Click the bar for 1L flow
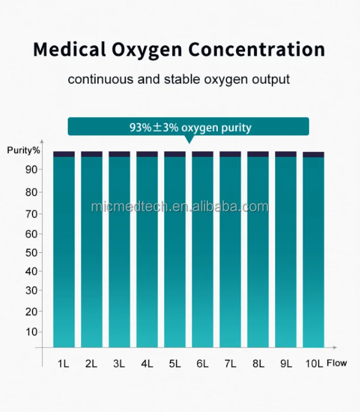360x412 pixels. point(64,250)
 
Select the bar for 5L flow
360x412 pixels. point(175,250)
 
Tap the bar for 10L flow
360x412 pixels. point(313,250)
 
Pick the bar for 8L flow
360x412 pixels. point(258,250)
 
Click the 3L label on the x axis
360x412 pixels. point(119,363)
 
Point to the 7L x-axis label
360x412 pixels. point(230,363)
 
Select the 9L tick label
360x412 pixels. point(285,363)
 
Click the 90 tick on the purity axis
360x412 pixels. point(31,169)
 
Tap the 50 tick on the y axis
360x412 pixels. point(31,252)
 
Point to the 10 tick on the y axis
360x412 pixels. point(31,331)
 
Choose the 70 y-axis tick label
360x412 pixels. point(31,214)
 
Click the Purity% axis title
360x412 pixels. point(24,150)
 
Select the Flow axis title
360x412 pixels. point(337,363)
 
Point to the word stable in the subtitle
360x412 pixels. point(181,79)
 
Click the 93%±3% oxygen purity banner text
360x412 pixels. point(189,127)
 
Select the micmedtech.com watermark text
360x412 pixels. point(180,206)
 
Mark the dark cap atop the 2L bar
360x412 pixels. point(92,154)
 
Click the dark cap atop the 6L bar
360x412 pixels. point(202,154)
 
